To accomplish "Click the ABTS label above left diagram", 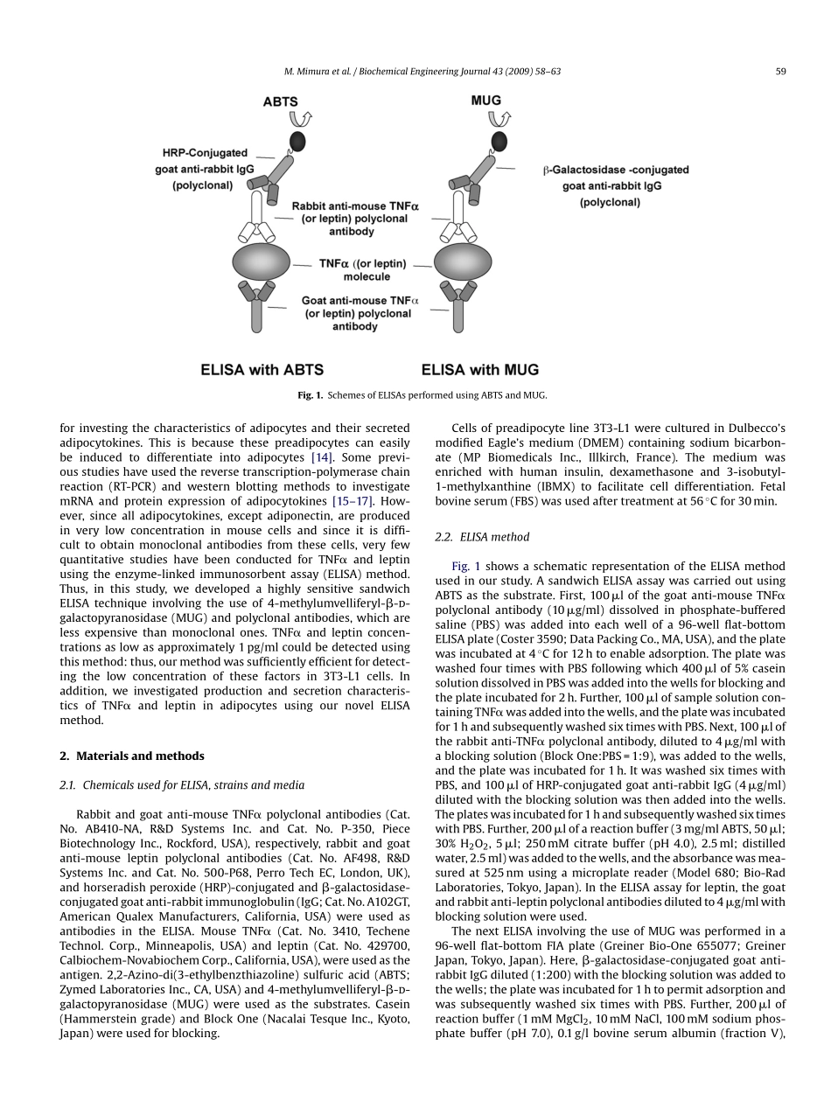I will coord(281,102).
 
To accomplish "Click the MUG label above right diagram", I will coord(485,101).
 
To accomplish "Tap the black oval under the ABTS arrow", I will coord(297,141).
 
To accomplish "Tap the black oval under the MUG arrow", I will coord(499,141).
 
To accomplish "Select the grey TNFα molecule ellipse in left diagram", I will coord(261,262).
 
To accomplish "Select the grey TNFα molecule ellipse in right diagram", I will coord(463,262).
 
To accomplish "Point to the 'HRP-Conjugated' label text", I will coord(205,153).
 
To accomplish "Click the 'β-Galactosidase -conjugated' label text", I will coord(616,170).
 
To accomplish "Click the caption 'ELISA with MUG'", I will coord(480,370).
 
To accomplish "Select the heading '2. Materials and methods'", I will coord(131,756).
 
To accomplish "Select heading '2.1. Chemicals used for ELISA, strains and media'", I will coord(181,784).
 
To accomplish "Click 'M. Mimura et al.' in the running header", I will coord(316,73).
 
